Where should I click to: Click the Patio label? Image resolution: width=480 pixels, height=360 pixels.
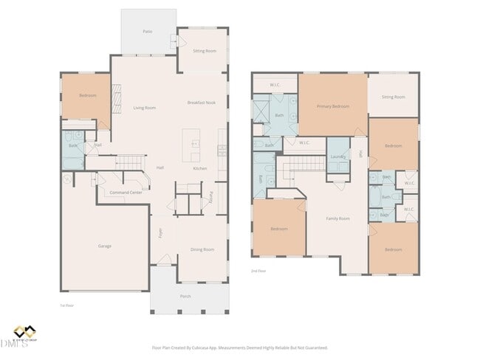(148, 32)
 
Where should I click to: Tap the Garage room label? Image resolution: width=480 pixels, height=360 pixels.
(105, 246)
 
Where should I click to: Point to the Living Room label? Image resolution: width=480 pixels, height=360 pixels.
(145, 108)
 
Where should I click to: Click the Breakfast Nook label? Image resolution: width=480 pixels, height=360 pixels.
(201, 103)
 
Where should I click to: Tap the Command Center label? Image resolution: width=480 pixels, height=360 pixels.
(126, 192)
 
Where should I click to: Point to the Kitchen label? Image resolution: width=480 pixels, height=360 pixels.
(199, 168)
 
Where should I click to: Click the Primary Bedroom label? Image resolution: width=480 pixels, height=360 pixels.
(332, 107)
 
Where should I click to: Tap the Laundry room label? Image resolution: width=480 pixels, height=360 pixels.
(338, 156)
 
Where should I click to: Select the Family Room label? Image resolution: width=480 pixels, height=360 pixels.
(338, 218)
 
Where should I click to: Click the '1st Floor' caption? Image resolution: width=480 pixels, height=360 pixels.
(67, 305)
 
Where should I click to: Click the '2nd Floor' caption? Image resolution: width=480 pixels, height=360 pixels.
(258, 271)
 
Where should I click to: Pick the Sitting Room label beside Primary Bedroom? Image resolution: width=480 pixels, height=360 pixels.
(393, 97)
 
